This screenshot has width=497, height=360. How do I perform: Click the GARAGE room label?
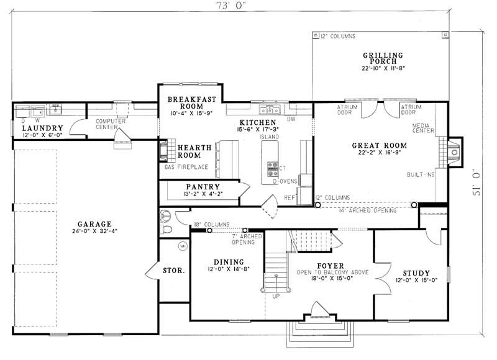click(94, 223)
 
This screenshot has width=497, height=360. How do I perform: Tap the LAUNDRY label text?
click(39, 128)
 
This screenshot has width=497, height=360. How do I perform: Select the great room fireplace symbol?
click(454, 151)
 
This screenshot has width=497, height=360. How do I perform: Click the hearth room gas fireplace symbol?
click(164, 151)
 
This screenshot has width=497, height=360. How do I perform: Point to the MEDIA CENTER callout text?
click(425, 128)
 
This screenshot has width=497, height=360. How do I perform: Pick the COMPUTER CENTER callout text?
click(111, 124)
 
